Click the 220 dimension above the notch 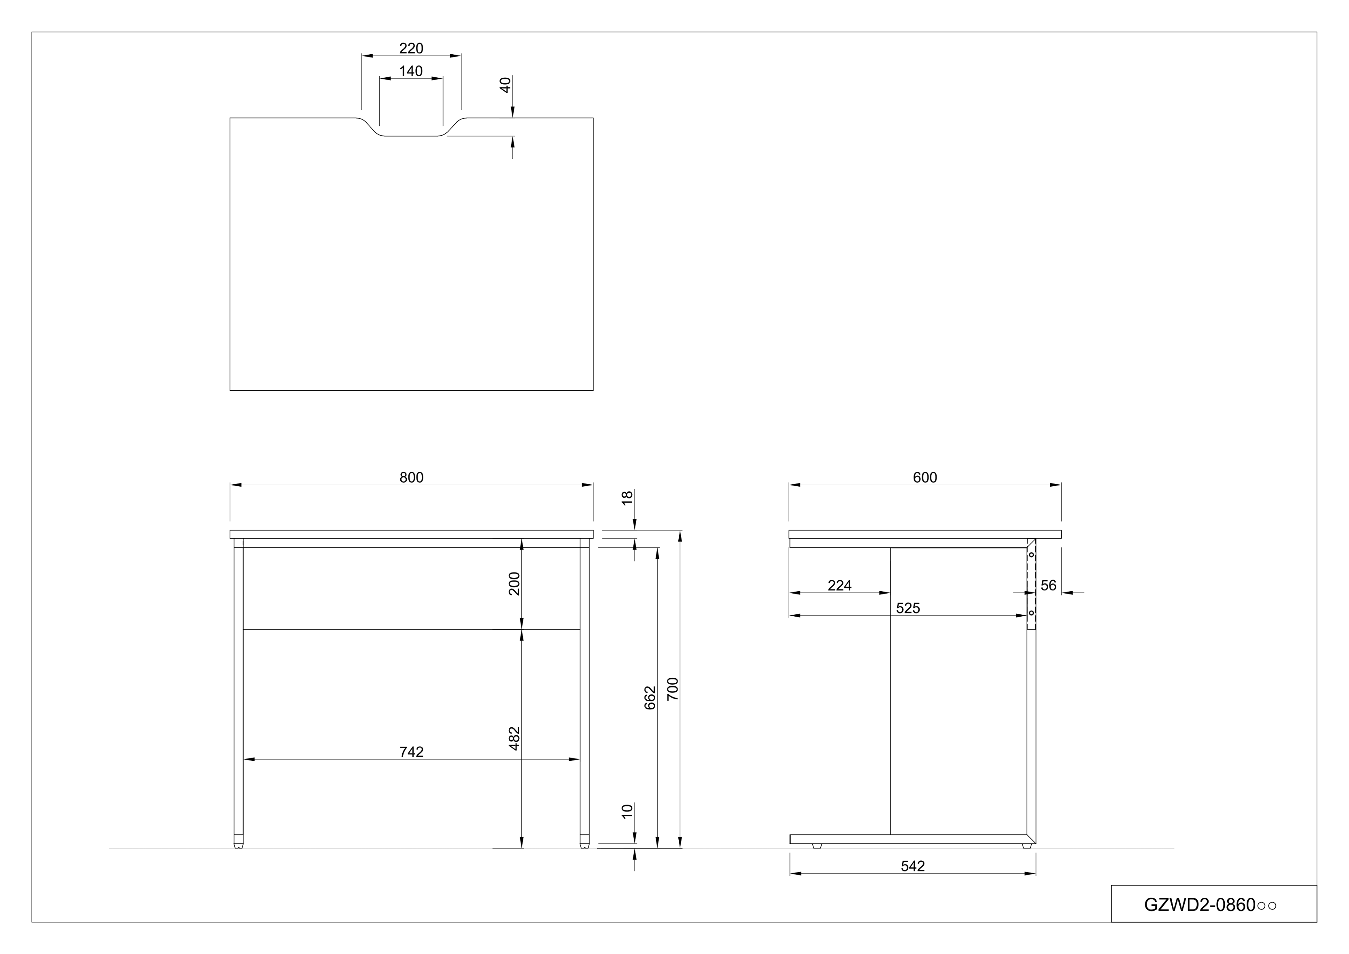point(411,48)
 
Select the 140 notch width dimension point(411,71)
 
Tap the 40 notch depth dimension point(505,85)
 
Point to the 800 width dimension point(411,477)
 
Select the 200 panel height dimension point(514,583)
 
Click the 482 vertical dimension point(514,738)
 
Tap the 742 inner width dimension point(411,752)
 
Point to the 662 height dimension point(650,698)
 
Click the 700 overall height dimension point(673,689)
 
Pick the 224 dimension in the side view point(839,586)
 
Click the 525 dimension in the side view point(908,608)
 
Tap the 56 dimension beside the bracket point(1048,586)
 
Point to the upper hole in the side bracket point(1031,555)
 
